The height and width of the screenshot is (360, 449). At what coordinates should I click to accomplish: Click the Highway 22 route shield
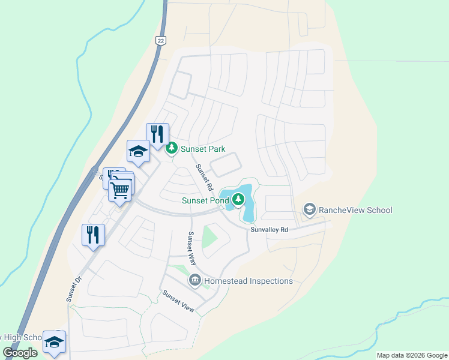point(160,40)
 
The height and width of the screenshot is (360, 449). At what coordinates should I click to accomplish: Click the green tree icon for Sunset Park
point(172,147)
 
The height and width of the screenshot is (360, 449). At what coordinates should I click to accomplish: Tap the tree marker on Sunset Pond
point(239,199)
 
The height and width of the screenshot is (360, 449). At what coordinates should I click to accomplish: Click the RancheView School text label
point(355,210)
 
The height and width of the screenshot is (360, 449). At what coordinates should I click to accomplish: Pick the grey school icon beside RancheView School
point(310,209)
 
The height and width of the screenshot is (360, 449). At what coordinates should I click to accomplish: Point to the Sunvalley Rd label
point(270,230)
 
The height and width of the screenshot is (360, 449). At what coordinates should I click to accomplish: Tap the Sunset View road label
point(178,300)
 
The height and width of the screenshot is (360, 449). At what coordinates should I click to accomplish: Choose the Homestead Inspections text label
point(249,281)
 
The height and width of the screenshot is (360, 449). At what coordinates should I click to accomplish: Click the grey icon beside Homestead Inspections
point(195,280)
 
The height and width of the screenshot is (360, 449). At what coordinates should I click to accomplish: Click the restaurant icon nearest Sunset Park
point(157,134)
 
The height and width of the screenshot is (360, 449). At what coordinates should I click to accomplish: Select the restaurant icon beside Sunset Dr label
point(94,235)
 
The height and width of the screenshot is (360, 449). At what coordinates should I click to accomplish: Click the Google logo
point(20,353)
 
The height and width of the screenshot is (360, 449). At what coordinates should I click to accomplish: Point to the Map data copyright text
point(412,355)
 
